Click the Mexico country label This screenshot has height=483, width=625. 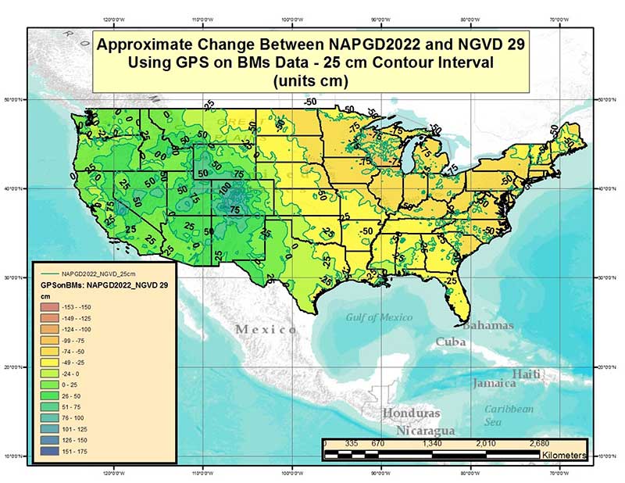click(x=266, y=330)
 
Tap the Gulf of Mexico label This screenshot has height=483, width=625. click(x=383, y=317)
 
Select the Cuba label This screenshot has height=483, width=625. click(x=451, y=342)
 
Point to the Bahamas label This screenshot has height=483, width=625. click(x=488, y=324)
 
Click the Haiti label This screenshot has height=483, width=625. click(x=527, y=374)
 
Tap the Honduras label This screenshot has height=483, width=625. click(x=411, y=413)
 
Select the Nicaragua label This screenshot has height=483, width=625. click(x=425, y=431)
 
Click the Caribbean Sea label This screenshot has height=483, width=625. click(x=509, y=415)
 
